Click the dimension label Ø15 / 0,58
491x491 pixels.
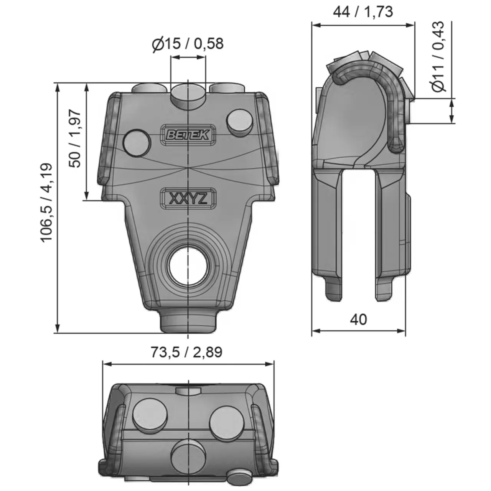tap(188, 44)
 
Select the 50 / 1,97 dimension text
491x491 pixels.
tap(75, 138)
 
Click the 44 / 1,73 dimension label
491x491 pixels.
tap(362, 12)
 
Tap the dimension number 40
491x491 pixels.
tap(358, 319)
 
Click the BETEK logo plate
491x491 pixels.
tap(188, 135)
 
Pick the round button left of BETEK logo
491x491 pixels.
tap(137, 142)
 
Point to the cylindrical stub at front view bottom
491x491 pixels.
tap(188, 323)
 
